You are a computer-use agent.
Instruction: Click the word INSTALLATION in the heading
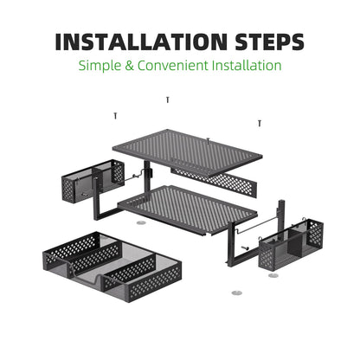[x=142, y=42]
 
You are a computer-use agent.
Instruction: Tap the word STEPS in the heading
[x=269, y=42]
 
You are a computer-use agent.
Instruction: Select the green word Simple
[x=100, y=66]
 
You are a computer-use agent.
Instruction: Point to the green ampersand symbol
[x=130, y=66]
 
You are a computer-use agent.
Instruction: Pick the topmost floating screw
[x=168, y=100]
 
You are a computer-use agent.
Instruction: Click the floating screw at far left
[x=115, y=116]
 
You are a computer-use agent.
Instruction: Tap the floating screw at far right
[x=260, y=124]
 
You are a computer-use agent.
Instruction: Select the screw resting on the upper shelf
[x=209, y=140]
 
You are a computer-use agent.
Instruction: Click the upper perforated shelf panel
[x=188, y=152]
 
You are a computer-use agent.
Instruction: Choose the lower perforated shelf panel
[x=188, y=209]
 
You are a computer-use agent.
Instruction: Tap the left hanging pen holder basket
[x=93, y=181]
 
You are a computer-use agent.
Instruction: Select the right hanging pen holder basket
[x=291, y=245]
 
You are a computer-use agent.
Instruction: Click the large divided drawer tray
[x=112, y=266]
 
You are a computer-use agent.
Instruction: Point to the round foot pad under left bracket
[x=141, y=222]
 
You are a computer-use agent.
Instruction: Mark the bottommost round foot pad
[x=237, y=293]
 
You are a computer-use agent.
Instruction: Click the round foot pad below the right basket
[x=273, y=275]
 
